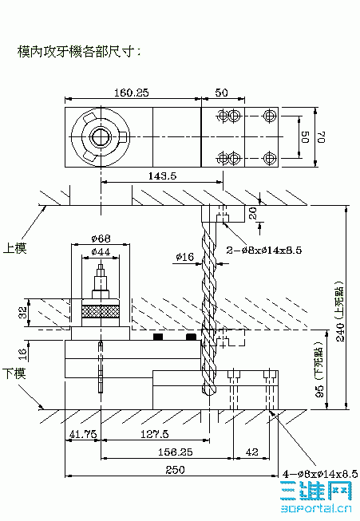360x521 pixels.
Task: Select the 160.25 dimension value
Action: (132, 93)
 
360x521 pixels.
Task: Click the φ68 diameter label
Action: (101, 237)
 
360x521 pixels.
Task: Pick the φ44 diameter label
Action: (101, 252)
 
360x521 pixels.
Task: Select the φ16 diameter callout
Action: (185, 257)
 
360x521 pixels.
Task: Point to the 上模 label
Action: (15, 248)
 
